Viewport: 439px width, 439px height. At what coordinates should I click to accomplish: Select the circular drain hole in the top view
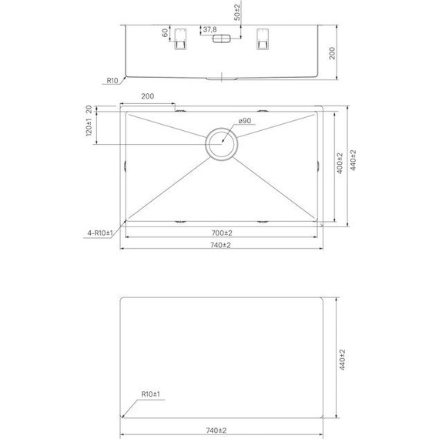coord(222,144)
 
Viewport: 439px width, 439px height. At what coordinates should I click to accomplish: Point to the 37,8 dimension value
coord(208,32)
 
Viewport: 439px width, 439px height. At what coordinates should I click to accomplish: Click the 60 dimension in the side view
coord(164,34)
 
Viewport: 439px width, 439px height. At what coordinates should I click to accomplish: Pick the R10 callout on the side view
coord(112,80)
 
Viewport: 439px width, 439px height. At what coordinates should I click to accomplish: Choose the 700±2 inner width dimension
coord(222,233)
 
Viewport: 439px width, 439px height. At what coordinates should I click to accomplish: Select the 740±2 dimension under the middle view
coord(222,245)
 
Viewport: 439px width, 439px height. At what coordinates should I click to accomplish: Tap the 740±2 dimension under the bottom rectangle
coord(222,430)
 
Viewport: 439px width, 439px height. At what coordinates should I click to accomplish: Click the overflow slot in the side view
coord(222,38)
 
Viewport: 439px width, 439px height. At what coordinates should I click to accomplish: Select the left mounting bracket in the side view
coord(182,39)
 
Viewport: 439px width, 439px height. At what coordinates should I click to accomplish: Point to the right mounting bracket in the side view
coord(262,39)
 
